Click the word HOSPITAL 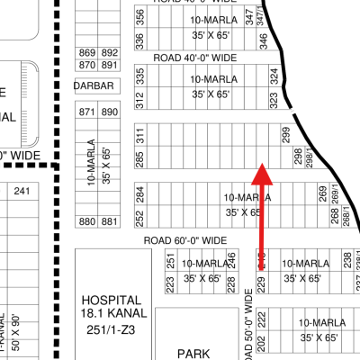(x=111, y=300)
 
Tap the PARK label (x=193, y=354)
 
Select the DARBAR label (x=94, y=86)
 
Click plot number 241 (x=22, y=191)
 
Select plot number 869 (x=87, y=53)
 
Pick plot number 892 (x=110, y=53)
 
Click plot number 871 (x=87, y=112)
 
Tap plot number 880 (x=87, y=221)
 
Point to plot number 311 (x=139, y=136)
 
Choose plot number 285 (x=139, y=159)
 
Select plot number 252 (x=139, y=218)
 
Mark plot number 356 (x=139, y=17)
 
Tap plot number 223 (x=170, y=283)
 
